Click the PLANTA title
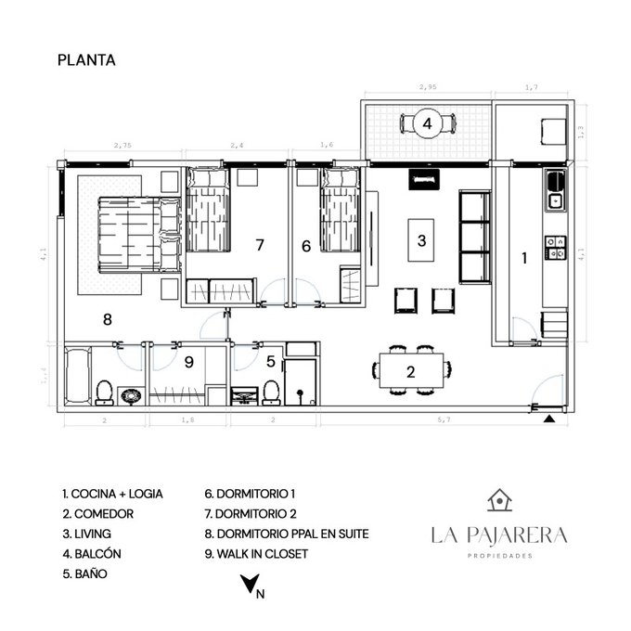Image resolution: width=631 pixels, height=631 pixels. click(86, 60)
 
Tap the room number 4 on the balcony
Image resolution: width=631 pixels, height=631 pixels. click(427, 122)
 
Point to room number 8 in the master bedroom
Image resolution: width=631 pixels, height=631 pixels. click(108, 320)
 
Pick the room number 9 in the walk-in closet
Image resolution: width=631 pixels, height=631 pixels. click(188, 361)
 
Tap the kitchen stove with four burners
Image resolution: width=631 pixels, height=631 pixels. click(556, 246)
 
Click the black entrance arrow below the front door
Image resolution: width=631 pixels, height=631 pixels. click(549, 420)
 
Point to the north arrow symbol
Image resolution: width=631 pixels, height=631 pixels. click(249, 586)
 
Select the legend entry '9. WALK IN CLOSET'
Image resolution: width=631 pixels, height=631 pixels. click(256, 554)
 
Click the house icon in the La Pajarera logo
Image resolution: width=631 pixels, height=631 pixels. click(499, 500)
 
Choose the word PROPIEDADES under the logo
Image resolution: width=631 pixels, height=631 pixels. click(499, 556)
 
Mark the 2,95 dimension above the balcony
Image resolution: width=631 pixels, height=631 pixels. click(428, 87)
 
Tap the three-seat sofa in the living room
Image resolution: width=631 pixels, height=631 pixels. click(474, 236)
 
